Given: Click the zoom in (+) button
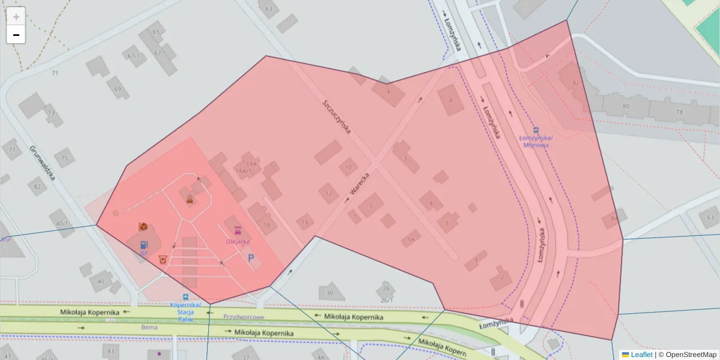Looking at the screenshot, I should coord(16,16).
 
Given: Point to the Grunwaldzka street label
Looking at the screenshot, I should coord(42,163).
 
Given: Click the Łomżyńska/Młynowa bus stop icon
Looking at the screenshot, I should coord(536,130).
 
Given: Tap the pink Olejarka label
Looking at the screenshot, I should coord(238,241).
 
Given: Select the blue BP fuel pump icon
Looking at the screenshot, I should coord(143,245).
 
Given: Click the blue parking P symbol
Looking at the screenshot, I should coord(251,258).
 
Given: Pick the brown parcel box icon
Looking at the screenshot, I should coord(143,226).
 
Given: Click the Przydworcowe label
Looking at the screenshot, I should coord(244,317).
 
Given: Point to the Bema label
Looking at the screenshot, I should coord(149,328).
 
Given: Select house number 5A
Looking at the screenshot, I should coord(410,239).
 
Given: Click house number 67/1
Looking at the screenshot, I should coord(134,56).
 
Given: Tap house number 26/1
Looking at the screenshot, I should coord(386,300).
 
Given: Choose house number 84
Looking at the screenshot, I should coord(614,218).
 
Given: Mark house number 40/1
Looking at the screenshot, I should coord(62,224).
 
